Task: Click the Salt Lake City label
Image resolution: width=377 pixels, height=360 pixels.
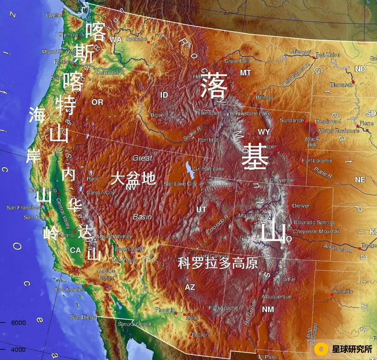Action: coord(180,184)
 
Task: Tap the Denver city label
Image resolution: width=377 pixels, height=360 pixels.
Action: coord(301,206)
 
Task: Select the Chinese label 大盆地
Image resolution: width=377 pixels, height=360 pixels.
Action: coord(133,178)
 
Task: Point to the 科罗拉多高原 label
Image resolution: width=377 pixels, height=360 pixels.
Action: coord(218,263)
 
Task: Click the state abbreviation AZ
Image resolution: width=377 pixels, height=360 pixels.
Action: coord(190,287)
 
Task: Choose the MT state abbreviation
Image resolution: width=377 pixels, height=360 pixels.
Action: coord(245,73)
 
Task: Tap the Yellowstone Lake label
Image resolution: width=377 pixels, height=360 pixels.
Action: coord(250,113)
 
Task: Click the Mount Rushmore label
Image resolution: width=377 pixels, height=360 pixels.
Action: coord(339,131)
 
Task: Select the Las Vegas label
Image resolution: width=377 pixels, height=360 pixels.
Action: coord(125,260)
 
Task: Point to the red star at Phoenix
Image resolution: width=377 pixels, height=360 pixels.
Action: coord(176,313)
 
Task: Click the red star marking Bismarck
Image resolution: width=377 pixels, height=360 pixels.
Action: coord(353,82)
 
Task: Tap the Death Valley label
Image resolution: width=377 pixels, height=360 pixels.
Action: coord(130,249)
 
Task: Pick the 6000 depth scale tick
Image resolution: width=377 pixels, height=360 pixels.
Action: coord(18,323)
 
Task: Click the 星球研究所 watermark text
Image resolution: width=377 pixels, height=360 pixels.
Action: coord(352,349)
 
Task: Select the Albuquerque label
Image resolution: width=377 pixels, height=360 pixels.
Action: coord(276,296)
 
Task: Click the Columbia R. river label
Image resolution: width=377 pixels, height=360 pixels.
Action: coord(110,73)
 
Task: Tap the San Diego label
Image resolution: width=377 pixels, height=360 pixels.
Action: coord(83,317)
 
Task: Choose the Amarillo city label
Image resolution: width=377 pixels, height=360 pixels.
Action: coord(343,291)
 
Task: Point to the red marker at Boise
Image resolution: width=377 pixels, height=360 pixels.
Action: coord(149,118)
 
